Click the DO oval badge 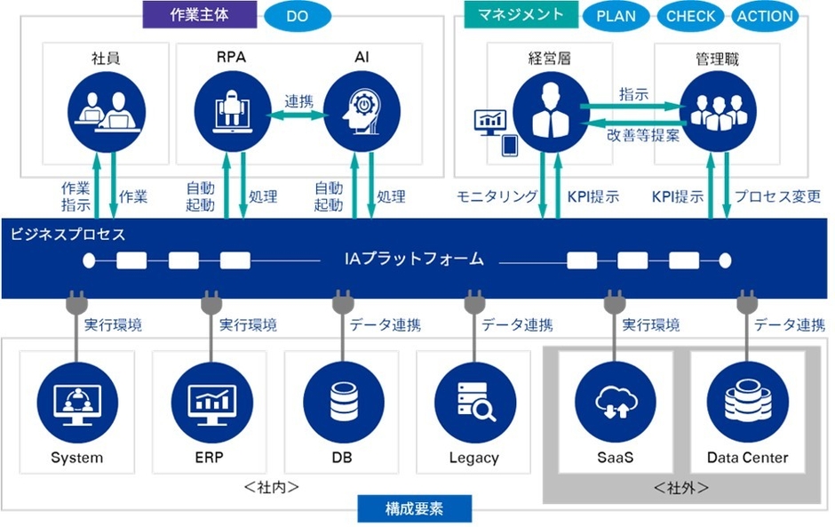[297, 15]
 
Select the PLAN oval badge [616, 16]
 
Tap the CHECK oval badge [690, 16]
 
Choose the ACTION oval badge [764, 16]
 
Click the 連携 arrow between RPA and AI [296, 114]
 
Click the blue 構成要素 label [415, 509]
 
